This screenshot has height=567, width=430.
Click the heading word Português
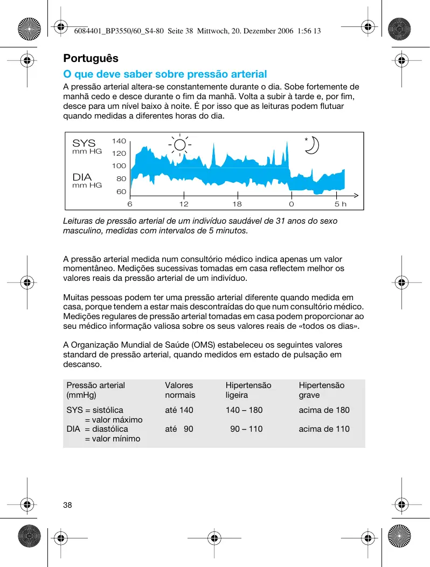[x=91, y=58]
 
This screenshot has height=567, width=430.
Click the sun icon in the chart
[x=179, y=144]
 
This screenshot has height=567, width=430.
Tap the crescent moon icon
[x=313, y=146]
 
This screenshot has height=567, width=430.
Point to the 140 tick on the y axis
[x=119, y=141]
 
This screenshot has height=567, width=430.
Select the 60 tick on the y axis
[x=121, y=191]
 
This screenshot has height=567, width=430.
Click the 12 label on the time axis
[x=184, y=205]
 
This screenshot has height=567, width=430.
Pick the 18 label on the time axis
[x=237, y=205]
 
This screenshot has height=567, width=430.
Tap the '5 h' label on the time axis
[x=341, y=205]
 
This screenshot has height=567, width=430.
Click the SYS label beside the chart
[x=84, y=143]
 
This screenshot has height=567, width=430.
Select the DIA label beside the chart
[x=82, y=177]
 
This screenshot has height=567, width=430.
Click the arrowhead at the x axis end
[x=356, y=195]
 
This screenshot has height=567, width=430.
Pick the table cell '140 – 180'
[x=244, y=410]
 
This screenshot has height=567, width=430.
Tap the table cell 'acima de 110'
[x=324, y=429]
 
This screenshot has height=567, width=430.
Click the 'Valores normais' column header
[x=180, y=390]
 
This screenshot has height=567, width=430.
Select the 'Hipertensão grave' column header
[x=321, y=390]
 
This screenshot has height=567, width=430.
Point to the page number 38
[x=67, y=505]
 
